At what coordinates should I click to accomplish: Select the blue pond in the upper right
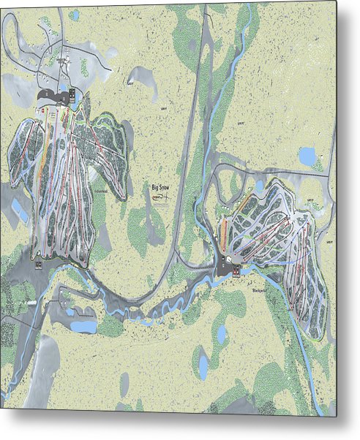(307, 156)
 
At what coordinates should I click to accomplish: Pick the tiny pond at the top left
(74, 15)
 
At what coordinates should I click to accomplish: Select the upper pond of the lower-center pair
(222, 334)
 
